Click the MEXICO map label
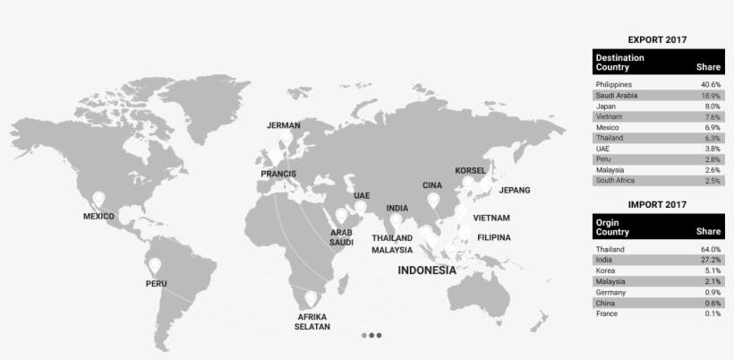(98, 216)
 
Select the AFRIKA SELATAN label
(312, 321)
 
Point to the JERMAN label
(284, 125)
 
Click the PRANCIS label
(278, 173)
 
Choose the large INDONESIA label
(427, 270)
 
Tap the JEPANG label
(515, 190)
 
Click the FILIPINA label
(494, 237)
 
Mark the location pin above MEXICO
(98, 198)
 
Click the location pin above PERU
(155, 265)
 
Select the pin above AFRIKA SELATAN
(312, 297)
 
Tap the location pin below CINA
(433, 200)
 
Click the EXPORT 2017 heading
(658, 39)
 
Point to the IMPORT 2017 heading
(658, 204)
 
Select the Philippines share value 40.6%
(711, 84)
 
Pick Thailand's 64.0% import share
(711, 249)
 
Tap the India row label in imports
(604, 260)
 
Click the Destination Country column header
(620, 62)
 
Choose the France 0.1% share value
(713, 313)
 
